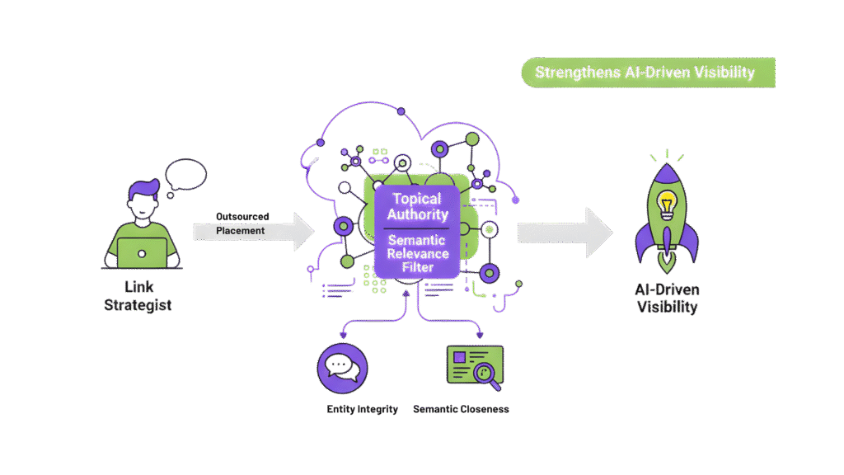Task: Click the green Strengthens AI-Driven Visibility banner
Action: click(648, 72)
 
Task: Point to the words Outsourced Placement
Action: click(241, 223)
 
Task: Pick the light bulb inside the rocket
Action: click(667, 202)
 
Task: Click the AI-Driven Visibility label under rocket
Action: click(667, 299)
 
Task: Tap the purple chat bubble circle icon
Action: click(342, 368)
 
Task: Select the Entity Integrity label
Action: click(362, 409)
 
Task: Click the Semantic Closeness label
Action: click(461, 409)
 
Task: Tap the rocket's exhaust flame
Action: click(667, 262)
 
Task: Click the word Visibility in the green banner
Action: click(725, 72)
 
